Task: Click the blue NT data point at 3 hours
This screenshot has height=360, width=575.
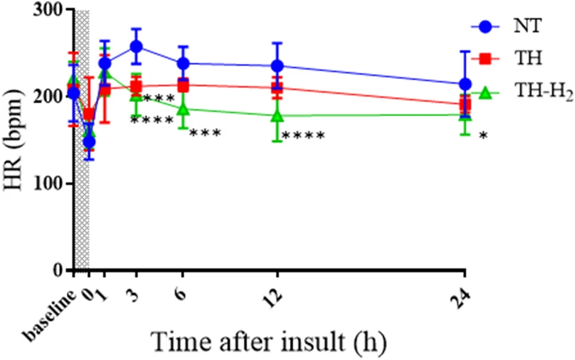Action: [136, 46]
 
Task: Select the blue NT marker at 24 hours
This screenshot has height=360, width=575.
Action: [465, 84]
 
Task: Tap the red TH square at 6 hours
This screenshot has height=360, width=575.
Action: [183, 86]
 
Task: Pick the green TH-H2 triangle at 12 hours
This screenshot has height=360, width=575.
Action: [277, 115]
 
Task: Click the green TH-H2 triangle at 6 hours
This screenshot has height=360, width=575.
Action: [183, 109]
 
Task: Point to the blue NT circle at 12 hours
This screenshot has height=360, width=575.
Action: [277, 65]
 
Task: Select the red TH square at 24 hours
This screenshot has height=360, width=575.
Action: [465, 104]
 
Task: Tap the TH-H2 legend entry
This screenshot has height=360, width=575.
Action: [535, 93]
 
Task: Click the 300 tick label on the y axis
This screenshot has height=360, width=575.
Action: [52, 10]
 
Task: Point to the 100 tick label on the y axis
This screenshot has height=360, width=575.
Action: [52, 184]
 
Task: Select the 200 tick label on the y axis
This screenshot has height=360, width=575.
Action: [52, 97]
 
